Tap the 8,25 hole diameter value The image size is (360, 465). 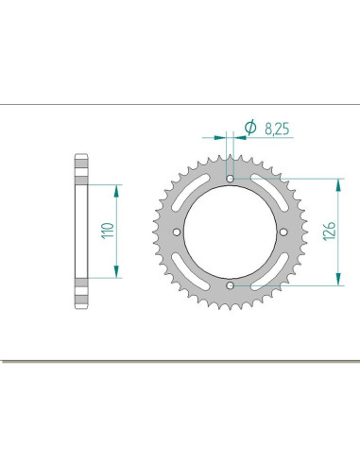point(276,125)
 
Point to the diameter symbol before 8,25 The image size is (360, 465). point(250,126)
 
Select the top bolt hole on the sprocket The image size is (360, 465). point(231,177)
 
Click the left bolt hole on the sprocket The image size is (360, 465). point(178,230)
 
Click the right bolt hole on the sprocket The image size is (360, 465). point(284,230)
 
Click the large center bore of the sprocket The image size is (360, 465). point(231,230)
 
